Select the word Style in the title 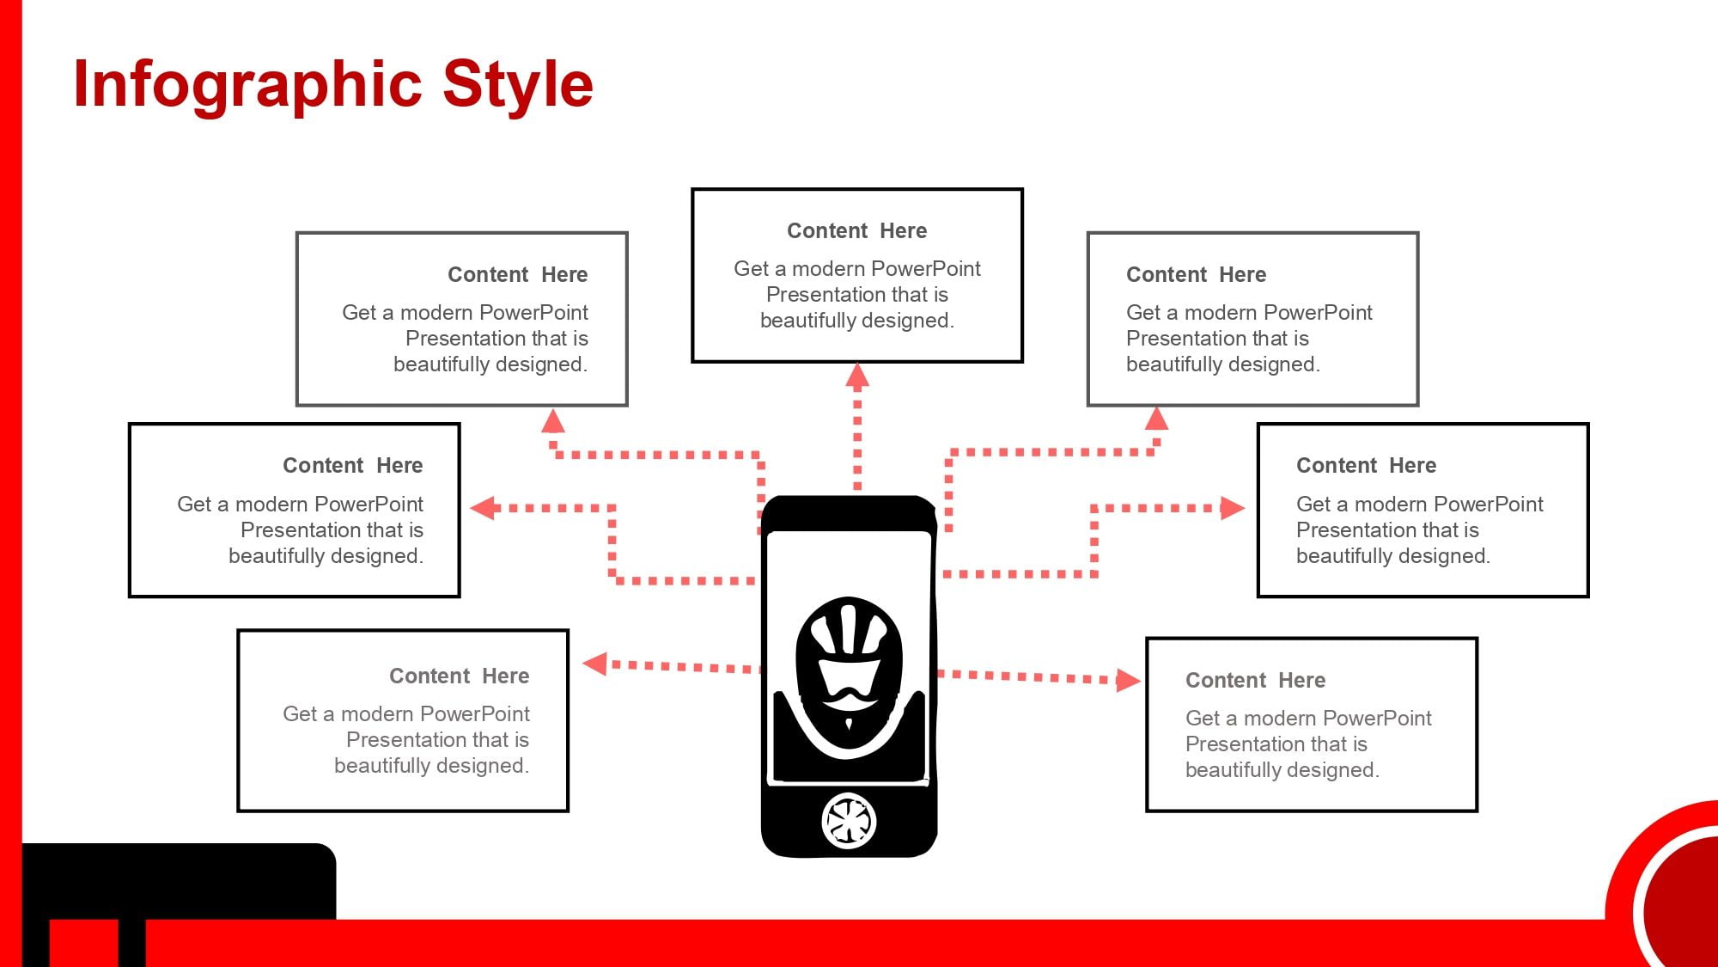tap(518, 85)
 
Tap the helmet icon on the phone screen tap(849, 678)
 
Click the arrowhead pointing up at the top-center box tap(857, 376)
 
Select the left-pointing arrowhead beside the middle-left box tap(484, 508)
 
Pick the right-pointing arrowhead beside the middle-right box tap(1233, 508)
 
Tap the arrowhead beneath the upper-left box tap(553, 420)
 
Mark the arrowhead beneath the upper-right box tap(1157, 419)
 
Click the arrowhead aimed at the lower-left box tap(595, 664)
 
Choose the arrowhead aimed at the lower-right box tap(1129, 681)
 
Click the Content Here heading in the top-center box tap(857, 231)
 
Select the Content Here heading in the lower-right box tap(1256, 681)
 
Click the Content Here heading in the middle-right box tap(1367, 466)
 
